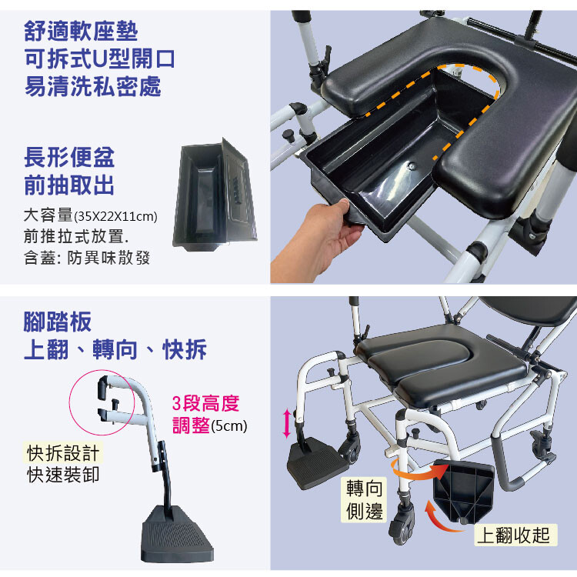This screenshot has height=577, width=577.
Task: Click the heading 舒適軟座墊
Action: (81, 32)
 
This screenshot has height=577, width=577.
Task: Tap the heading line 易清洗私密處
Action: (93, 86)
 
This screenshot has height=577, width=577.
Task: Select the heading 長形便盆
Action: (69, 157)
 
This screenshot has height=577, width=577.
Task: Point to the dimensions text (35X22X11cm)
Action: (115, 216)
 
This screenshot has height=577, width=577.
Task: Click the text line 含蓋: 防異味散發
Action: (87, 258)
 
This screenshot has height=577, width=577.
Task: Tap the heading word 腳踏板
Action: (58, 322)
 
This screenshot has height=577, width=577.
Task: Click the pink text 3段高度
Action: (205, 403)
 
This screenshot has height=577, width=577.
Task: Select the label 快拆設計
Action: (63, 452)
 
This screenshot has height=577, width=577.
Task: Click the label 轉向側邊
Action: (365, 500)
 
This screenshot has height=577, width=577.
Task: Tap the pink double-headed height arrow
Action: (287, 424)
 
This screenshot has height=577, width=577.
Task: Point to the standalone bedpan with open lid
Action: (214, 195)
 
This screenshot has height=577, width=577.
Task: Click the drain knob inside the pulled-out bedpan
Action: (412, 166)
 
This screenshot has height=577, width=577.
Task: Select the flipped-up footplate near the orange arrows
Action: (465, 490)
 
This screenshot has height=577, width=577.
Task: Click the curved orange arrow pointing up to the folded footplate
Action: (442, 517)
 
